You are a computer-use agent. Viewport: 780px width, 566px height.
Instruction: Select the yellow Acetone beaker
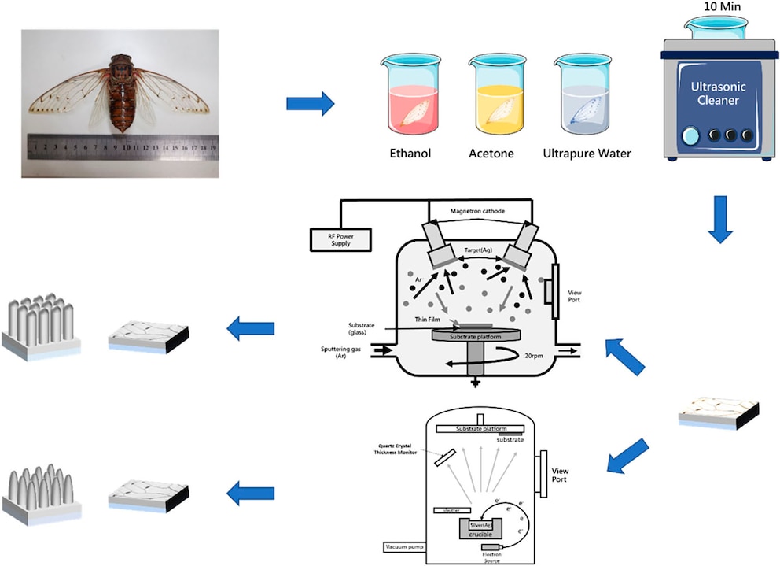coord(496,98)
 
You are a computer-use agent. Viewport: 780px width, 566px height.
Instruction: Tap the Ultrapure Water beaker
coord(583,98)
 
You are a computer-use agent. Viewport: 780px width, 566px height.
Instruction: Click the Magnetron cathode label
coord(479,211)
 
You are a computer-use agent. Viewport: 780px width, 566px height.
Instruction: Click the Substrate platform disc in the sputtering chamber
coord(474,337)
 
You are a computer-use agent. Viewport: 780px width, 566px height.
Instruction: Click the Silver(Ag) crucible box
coord(481,529)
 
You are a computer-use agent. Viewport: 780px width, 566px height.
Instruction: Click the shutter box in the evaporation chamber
coord(452,510)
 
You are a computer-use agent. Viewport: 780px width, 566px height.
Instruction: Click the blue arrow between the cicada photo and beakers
coord(310,103)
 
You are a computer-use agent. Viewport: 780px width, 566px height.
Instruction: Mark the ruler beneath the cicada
coord(122,146)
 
